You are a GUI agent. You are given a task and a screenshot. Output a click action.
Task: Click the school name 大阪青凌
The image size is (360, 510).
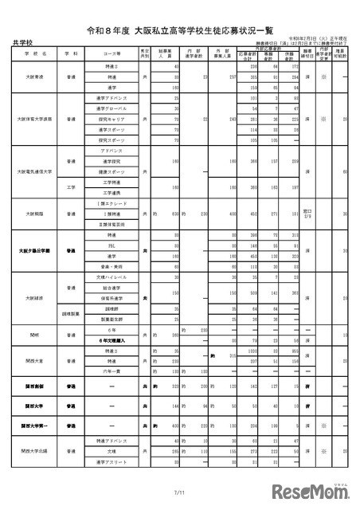(34, 77)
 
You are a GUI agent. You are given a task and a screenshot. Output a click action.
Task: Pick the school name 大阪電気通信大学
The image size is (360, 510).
(34, 171)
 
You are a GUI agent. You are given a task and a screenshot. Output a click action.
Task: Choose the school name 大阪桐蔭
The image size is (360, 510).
(34, 214)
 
